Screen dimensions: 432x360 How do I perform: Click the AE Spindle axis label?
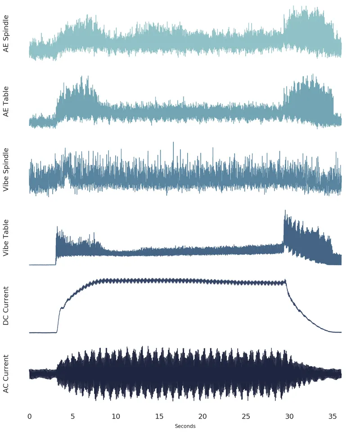(6, 34)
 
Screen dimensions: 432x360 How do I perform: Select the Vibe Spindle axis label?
(6, 169)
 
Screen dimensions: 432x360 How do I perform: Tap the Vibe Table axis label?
(6, 238)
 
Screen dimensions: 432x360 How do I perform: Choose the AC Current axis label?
(6, 374)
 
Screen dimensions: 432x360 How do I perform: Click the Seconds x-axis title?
(185, 426)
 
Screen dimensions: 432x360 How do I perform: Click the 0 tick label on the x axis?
(30, 417)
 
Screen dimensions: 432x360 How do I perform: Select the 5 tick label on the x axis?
(73, 417)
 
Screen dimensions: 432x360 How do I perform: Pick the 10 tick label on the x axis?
(116, 417)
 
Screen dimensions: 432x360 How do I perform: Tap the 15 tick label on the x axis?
(159, 417)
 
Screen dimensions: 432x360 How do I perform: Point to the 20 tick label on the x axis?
(202, 417)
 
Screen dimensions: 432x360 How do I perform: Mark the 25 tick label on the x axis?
(246, 417)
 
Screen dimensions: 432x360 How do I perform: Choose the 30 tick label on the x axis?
(289, 417)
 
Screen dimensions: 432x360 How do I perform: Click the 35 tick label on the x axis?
(333, 417)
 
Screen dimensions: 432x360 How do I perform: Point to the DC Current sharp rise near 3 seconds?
(58, 319)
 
